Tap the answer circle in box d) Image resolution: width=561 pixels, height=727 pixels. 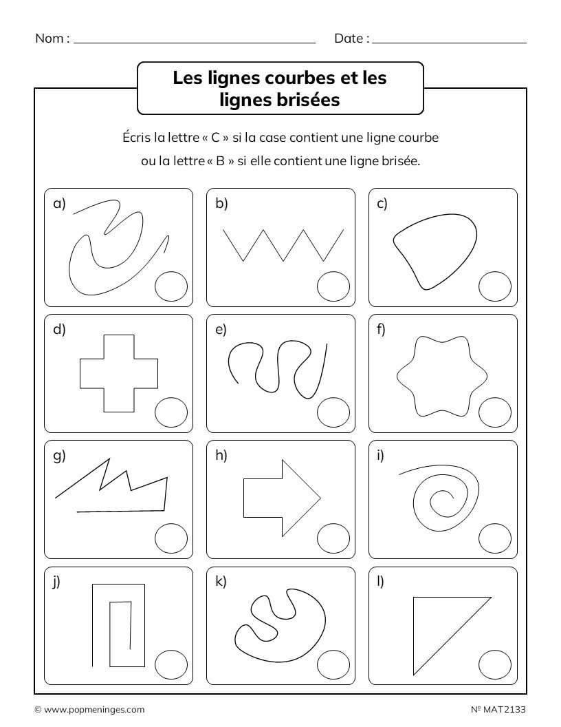tap(170, 412)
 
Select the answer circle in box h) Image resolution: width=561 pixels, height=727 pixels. tap(333, 539)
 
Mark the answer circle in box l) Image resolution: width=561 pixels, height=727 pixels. tap(495, 666)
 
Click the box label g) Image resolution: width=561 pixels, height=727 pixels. tap(59, 456)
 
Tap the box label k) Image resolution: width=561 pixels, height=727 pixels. tap(221, 582)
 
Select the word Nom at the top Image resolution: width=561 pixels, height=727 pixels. tap(49, 39)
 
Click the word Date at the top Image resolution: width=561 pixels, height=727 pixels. tap(349, 39)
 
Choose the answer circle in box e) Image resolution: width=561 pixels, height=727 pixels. tap(333, 412)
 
